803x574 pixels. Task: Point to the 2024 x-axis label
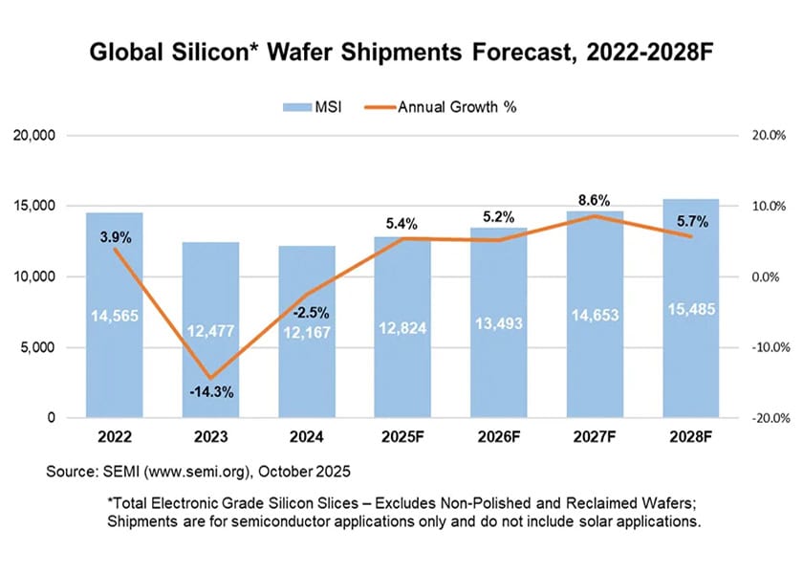[x=307, y=439]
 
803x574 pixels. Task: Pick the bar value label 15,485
[x=690, y=309]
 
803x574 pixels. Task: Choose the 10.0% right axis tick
[x=765, y=207]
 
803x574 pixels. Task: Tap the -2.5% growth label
[x=307, y=312]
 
